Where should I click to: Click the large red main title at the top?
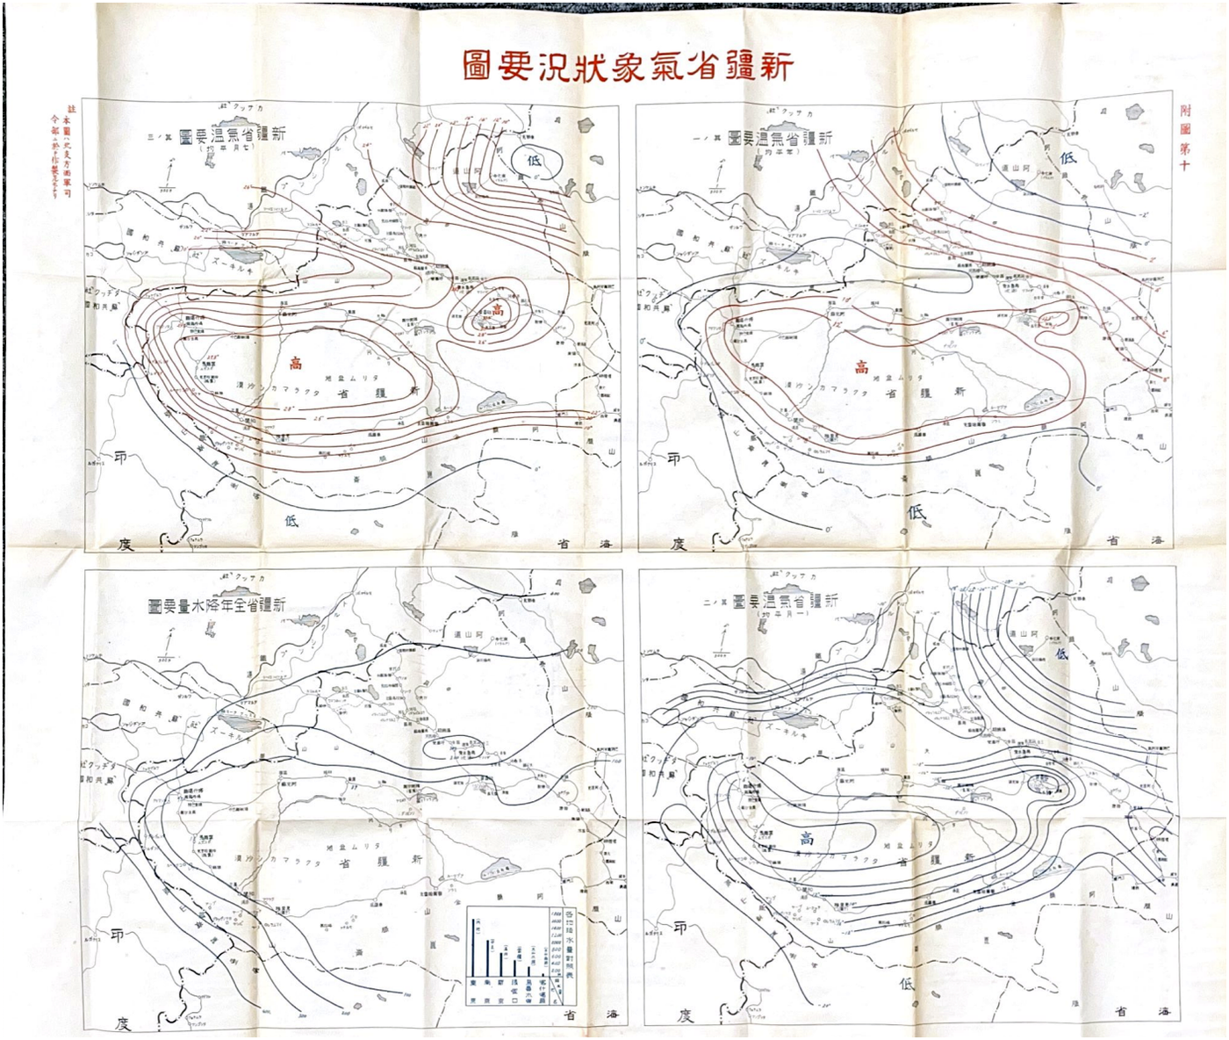(x=627, y=66)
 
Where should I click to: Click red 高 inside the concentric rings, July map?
(x=498, y=310)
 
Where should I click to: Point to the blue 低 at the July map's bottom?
(x=291, y=519)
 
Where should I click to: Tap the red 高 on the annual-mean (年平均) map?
(x=861, y=367)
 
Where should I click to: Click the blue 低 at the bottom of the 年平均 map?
(x=916, y=512)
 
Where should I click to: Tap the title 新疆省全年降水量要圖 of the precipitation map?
(x=217, y=606)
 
